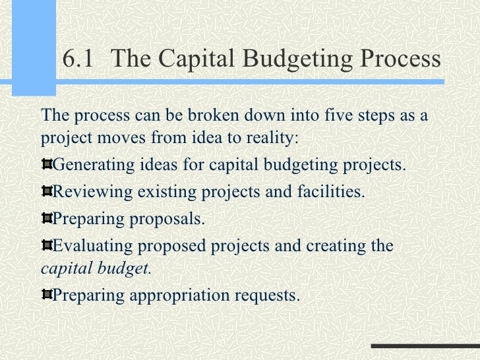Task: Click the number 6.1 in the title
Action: point(78,59)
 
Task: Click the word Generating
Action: point(93,164)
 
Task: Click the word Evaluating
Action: point(92,246)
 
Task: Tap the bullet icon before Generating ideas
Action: point(46,164)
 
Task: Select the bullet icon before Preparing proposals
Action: point(46,218)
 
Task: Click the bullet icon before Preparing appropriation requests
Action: point(46,295)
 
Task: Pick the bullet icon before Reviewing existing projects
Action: point(46,191)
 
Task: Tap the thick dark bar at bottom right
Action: point(425,346)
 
